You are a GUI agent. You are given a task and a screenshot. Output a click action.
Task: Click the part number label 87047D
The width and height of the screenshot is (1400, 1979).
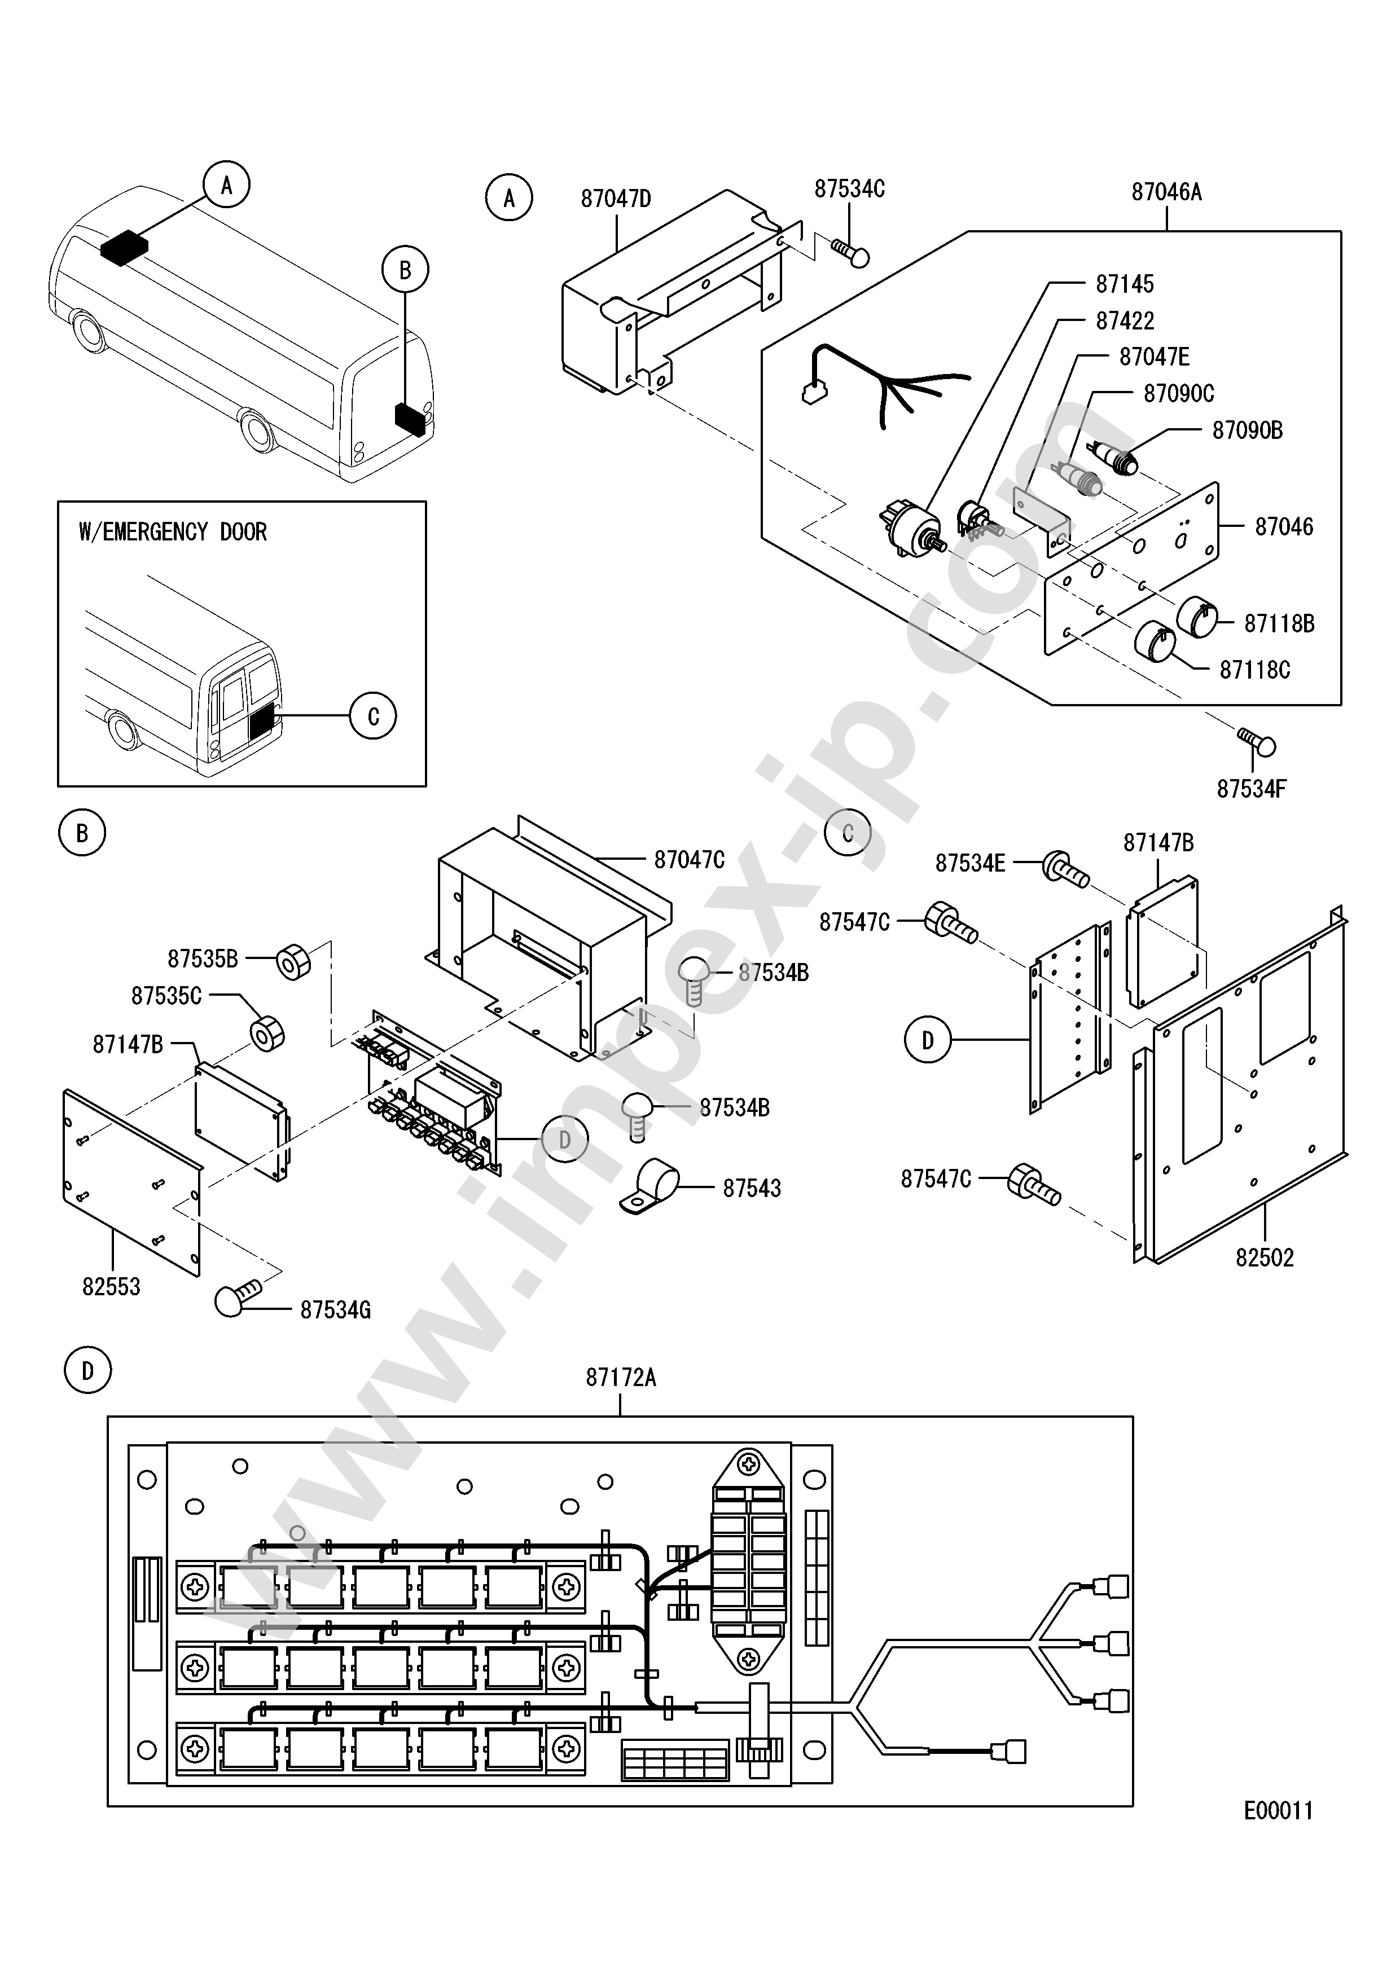coord(616,199)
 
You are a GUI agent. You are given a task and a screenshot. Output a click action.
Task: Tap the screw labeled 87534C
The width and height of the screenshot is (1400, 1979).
coord(850,252)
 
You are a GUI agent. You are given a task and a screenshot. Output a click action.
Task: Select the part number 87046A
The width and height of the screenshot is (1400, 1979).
coord(1166,192)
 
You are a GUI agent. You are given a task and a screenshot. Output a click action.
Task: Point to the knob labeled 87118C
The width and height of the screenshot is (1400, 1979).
coord(1155,641)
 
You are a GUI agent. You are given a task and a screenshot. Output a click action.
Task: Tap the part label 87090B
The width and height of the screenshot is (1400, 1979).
coord(1248,430)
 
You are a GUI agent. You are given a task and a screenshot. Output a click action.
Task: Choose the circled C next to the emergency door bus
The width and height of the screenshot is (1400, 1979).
coord(373,716)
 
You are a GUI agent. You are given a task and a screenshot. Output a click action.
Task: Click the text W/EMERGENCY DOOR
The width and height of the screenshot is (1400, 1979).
coord(173,532)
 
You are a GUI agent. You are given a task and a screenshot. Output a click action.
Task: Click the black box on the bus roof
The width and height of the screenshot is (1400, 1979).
coord(124,247)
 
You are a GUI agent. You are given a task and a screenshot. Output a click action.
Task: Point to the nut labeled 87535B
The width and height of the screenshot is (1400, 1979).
coord(293,962)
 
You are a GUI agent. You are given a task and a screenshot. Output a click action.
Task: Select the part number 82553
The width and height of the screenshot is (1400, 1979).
coord(111,1287)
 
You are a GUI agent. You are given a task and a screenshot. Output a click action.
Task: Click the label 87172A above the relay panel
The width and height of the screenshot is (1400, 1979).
coord(621,1378)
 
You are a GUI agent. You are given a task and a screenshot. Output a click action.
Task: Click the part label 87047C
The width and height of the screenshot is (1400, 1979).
coord(690,859)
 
